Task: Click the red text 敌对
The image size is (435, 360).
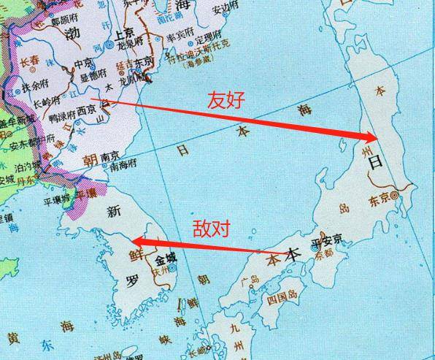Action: pos(211,228)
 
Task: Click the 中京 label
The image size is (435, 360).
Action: pos(83,66)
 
